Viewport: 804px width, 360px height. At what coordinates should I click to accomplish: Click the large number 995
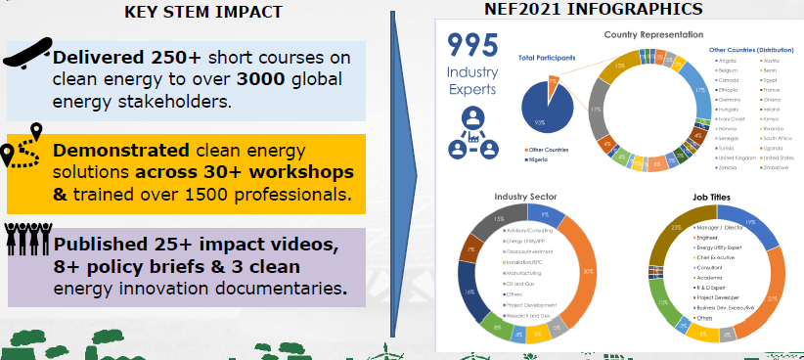[472, 47]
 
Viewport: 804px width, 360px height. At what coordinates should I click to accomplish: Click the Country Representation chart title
[654, 35]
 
